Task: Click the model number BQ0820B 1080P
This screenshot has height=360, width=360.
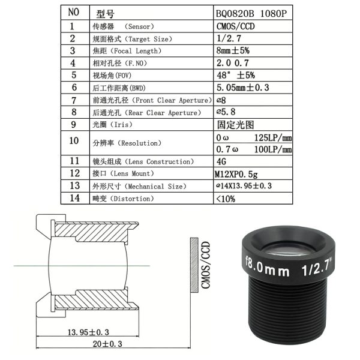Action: (x=251, y=14)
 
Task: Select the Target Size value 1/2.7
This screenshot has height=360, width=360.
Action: (x=229, y=38)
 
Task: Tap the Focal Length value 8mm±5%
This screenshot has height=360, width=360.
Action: (x=233, y=50)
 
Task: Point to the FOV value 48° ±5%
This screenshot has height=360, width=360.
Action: (x=236, y=75)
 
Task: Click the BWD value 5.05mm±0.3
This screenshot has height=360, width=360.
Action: (x=242, y=88)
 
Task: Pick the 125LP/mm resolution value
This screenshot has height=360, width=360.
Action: (x=273, y=138)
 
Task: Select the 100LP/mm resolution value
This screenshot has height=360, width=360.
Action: (x=273, y=149)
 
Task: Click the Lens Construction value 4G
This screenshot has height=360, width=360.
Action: (x=221, y=161)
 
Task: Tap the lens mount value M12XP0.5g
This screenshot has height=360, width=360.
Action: (x=236, y=174)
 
